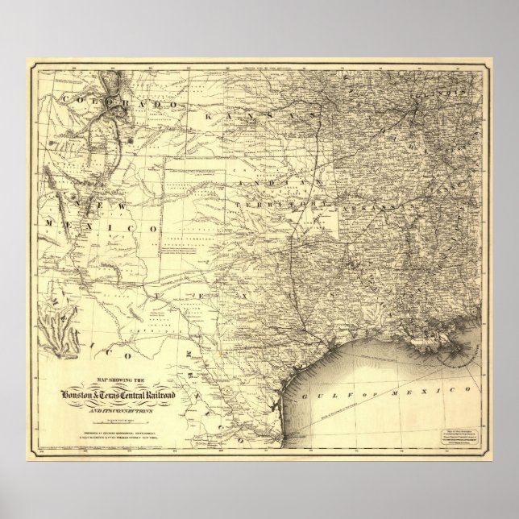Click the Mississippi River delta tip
point(464,347)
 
